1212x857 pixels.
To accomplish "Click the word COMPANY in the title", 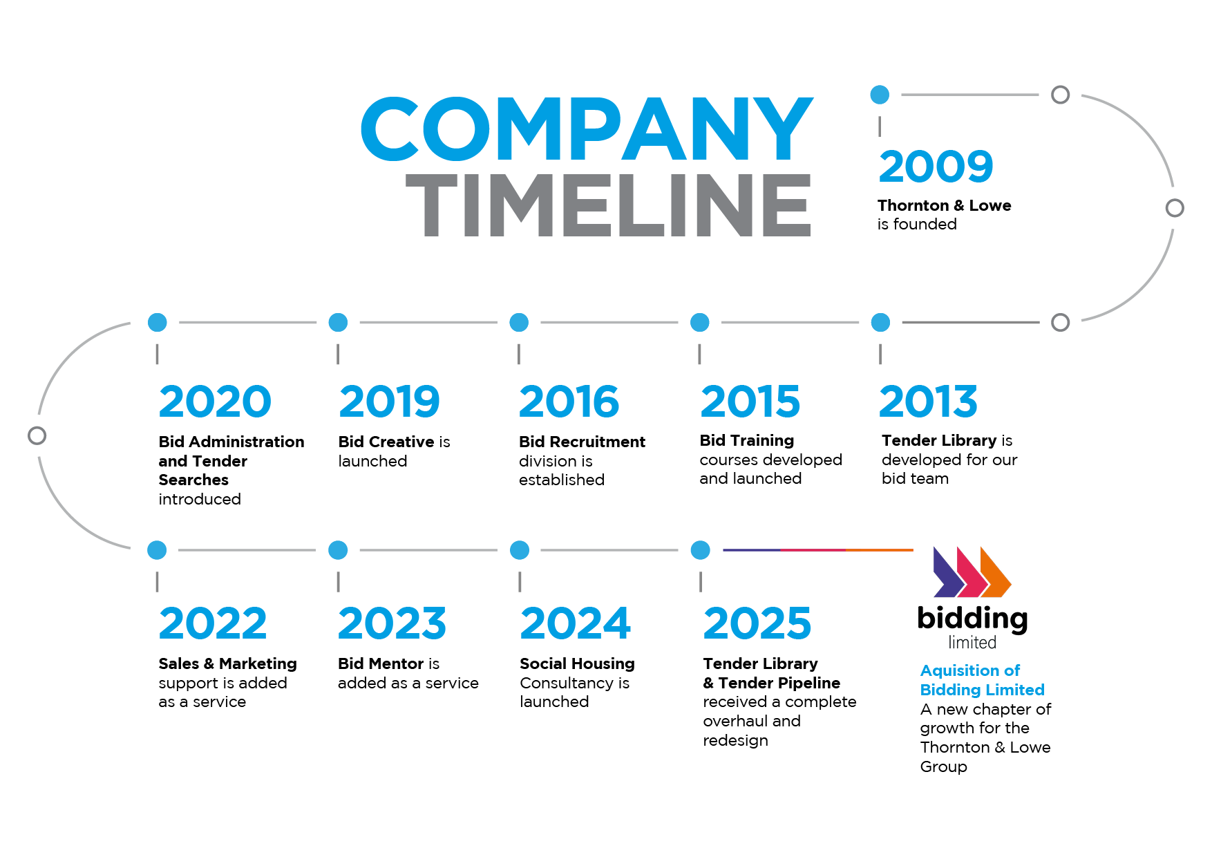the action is point(587,129).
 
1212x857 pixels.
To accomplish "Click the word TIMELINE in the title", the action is point(609,205).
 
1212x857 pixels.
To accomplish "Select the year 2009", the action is point(936,167).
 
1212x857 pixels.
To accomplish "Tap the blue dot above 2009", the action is point(880,95).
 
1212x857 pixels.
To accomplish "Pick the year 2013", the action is point(928,402).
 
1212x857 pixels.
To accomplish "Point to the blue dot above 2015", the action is point(700,322).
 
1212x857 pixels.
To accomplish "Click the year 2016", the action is point(569,402).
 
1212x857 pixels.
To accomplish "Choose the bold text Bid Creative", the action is point(386,442).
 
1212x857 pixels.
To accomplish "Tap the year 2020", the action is point(215,402).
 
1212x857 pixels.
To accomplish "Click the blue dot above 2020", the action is point(158,322).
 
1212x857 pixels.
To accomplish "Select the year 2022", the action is point(213,623).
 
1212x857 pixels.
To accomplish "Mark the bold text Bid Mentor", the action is point(381,663).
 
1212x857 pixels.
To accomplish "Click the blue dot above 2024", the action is point(520,550).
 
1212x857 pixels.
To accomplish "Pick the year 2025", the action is point(757,623).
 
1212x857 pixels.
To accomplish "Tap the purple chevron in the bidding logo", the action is point(948,572).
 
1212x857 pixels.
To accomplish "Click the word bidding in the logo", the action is point(972,619).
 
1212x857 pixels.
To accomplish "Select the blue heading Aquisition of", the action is point(970,670).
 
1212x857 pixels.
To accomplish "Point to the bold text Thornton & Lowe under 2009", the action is point(944,205).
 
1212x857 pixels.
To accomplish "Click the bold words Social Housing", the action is point(577,663).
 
